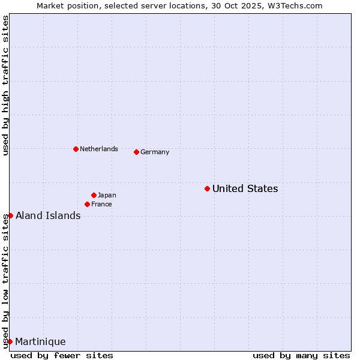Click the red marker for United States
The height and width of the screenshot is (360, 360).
point(207,189)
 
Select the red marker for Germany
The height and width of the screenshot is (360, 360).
point(136,152)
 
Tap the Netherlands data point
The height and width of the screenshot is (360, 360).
point(76,149)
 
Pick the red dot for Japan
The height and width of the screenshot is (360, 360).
point(94,195)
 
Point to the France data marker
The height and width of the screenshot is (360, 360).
point(87,205)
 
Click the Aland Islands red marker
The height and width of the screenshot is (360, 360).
point(10,215)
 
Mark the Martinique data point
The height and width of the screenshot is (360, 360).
point(10,341)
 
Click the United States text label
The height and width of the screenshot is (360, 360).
point(245,189)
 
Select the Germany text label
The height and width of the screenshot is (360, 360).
point(155,152)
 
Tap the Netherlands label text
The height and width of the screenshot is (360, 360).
point(98,149)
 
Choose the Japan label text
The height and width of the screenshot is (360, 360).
point(107,196)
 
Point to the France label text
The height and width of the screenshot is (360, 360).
point(101,205)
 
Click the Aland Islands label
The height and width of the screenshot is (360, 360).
point(48,216)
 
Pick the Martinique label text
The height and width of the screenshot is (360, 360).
point(40,342)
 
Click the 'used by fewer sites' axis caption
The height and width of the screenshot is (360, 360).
point(62,355)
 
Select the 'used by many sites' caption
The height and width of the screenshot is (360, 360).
point(301,355)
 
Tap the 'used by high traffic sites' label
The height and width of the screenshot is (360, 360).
point(5,85)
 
